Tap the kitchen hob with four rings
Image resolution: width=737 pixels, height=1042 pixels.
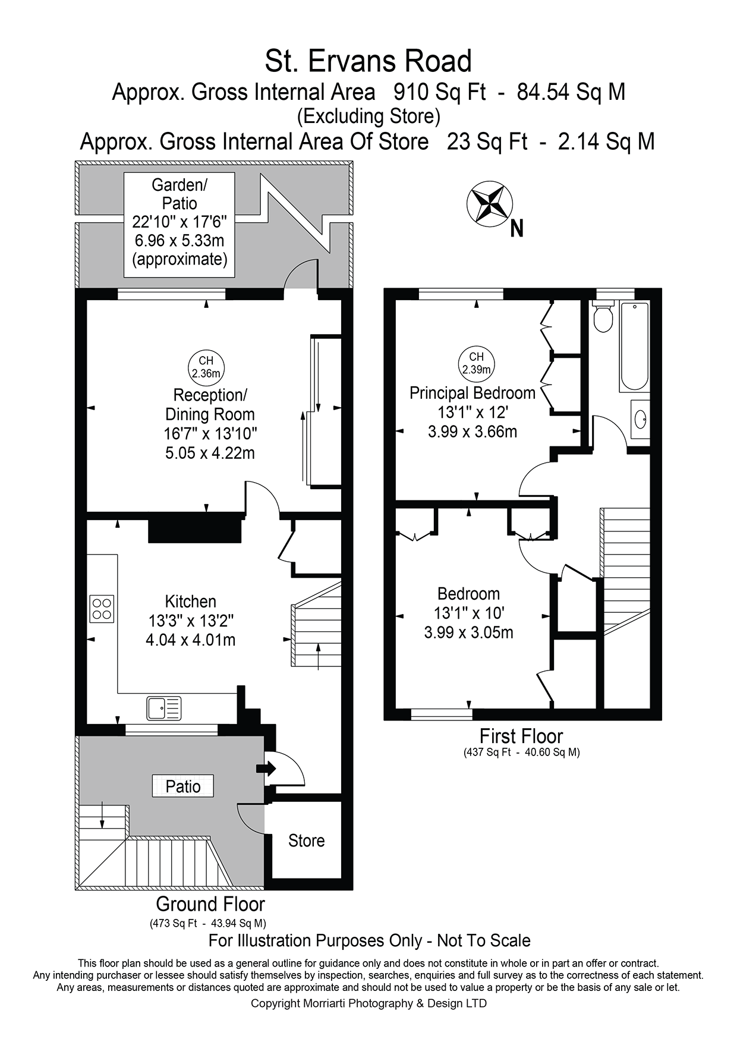pyautogui.click(x=102, y=608)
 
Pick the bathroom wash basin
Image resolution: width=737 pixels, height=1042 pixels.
pyautogui.click(x=641, y=419)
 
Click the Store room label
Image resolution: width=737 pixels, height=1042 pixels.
pyautogui.click(x=306, y=840)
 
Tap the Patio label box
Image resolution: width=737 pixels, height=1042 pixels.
pyautogui.click(x=183, y=786)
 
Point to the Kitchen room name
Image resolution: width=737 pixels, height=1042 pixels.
pyautogui.click(x=190, y=601)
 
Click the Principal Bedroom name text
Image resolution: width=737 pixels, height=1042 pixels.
pyautogui.click(x=473, y=393)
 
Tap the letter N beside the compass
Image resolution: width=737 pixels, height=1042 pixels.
pyautogui.click(x=516, y=229)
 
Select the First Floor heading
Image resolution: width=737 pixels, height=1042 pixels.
pyautogui.click(x=521, y=736)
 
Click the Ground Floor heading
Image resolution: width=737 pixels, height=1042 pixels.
pyautogui.click(x=210, y=904)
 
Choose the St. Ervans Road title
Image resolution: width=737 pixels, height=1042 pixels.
pyautogui.click(x=368, y=61)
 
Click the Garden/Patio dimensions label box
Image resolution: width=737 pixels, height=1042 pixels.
pyautogui.click(x=179, y=224)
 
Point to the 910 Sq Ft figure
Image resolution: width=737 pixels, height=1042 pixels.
pyautogui.click(x=440, y=92)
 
